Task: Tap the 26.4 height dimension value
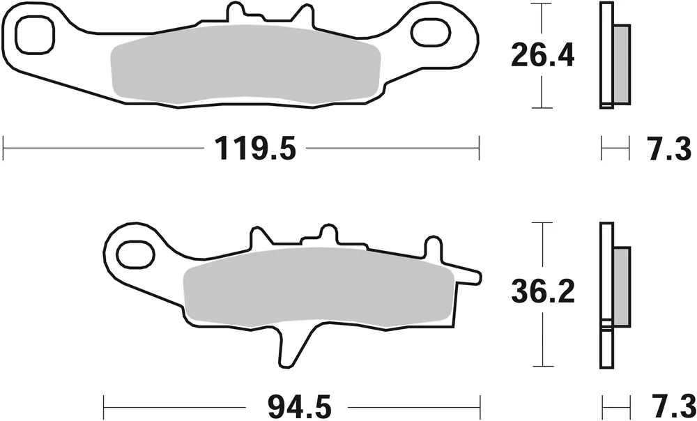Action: click(542, 56)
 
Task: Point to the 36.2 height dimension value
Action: click(542, 293)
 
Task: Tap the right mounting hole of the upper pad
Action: click(431, 32)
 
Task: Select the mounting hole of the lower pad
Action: click(135, 254)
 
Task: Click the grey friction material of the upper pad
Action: click(244, 66)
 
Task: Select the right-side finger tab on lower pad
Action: click(468, 277)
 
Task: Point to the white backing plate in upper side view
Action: click(605, 56)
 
